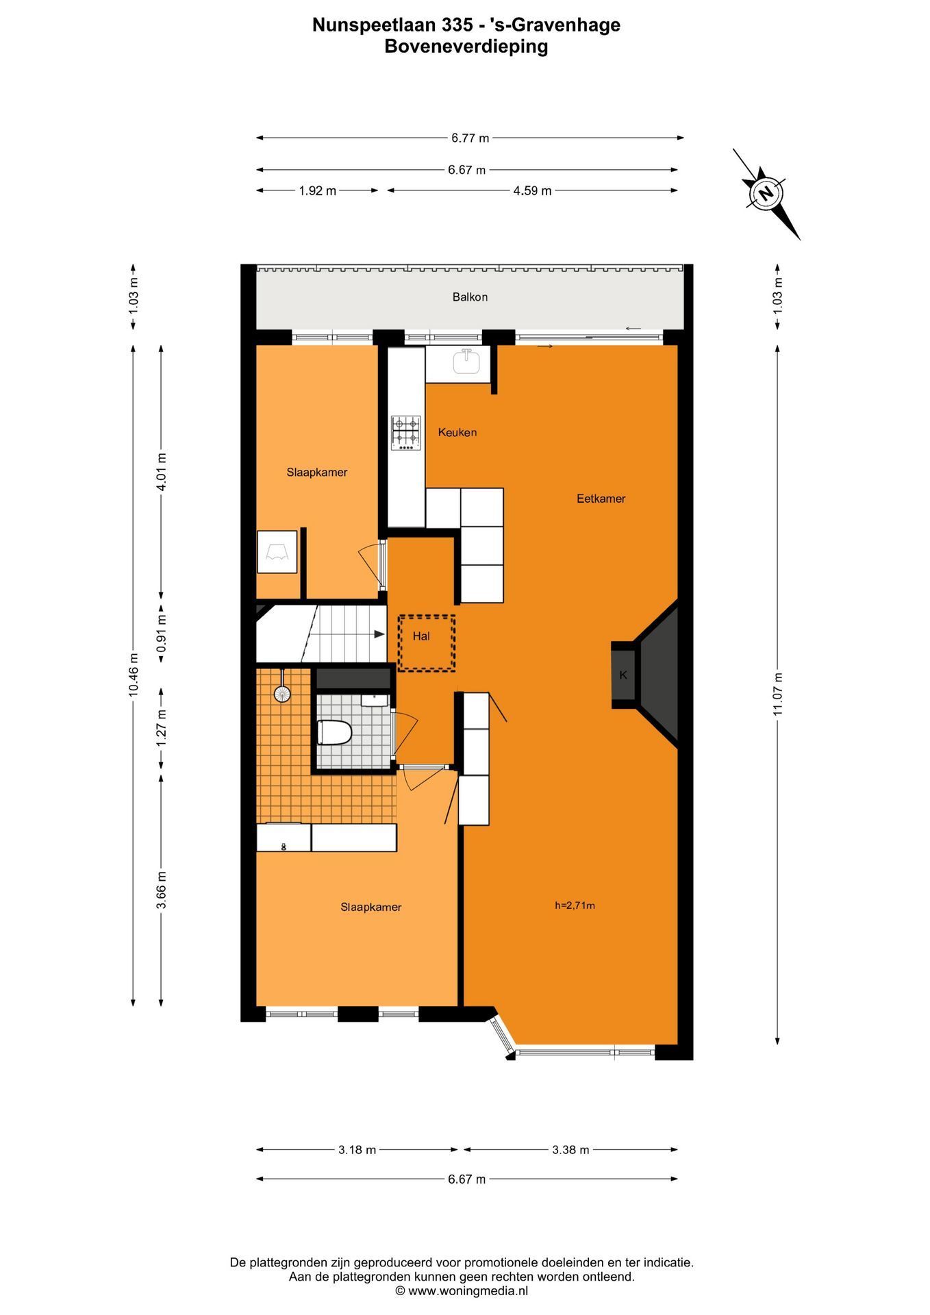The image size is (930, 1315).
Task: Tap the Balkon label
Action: (470, 297)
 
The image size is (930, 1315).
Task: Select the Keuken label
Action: (457, 432)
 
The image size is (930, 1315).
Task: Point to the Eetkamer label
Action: (601, 499)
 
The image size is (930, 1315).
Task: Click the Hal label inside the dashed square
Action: (421, 636)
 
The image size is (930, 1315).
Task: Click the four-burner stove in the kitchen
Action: (405, 433)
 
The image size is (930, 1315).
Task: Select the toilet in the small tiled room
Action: (334, 733)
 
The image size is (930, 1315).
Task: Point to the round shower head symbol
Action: (282, 694)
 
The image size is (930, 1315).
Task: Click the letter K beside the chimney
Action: (623, 675)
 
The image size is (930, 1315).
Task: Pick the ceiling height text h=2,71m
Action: (575, 905)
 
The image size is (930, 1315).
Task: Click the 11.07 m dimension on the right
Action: (778, 694)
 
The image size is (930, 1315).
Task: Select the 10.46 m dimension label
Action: (134, 675)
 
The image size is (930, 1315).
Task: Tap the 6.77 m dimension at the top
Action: (470, 138)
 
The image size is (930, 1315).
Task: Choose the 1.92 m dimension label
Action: (317, 191)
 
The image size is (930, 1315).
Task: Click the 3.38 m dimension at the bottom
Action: (570, 1150)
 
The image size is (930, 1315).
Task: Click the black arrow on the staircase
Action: (379, 634)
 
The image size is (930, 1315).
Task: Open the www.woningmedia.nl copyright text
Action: (462, 1291)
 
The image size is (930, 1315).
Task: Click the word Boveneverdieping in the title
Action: (466, 47)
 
